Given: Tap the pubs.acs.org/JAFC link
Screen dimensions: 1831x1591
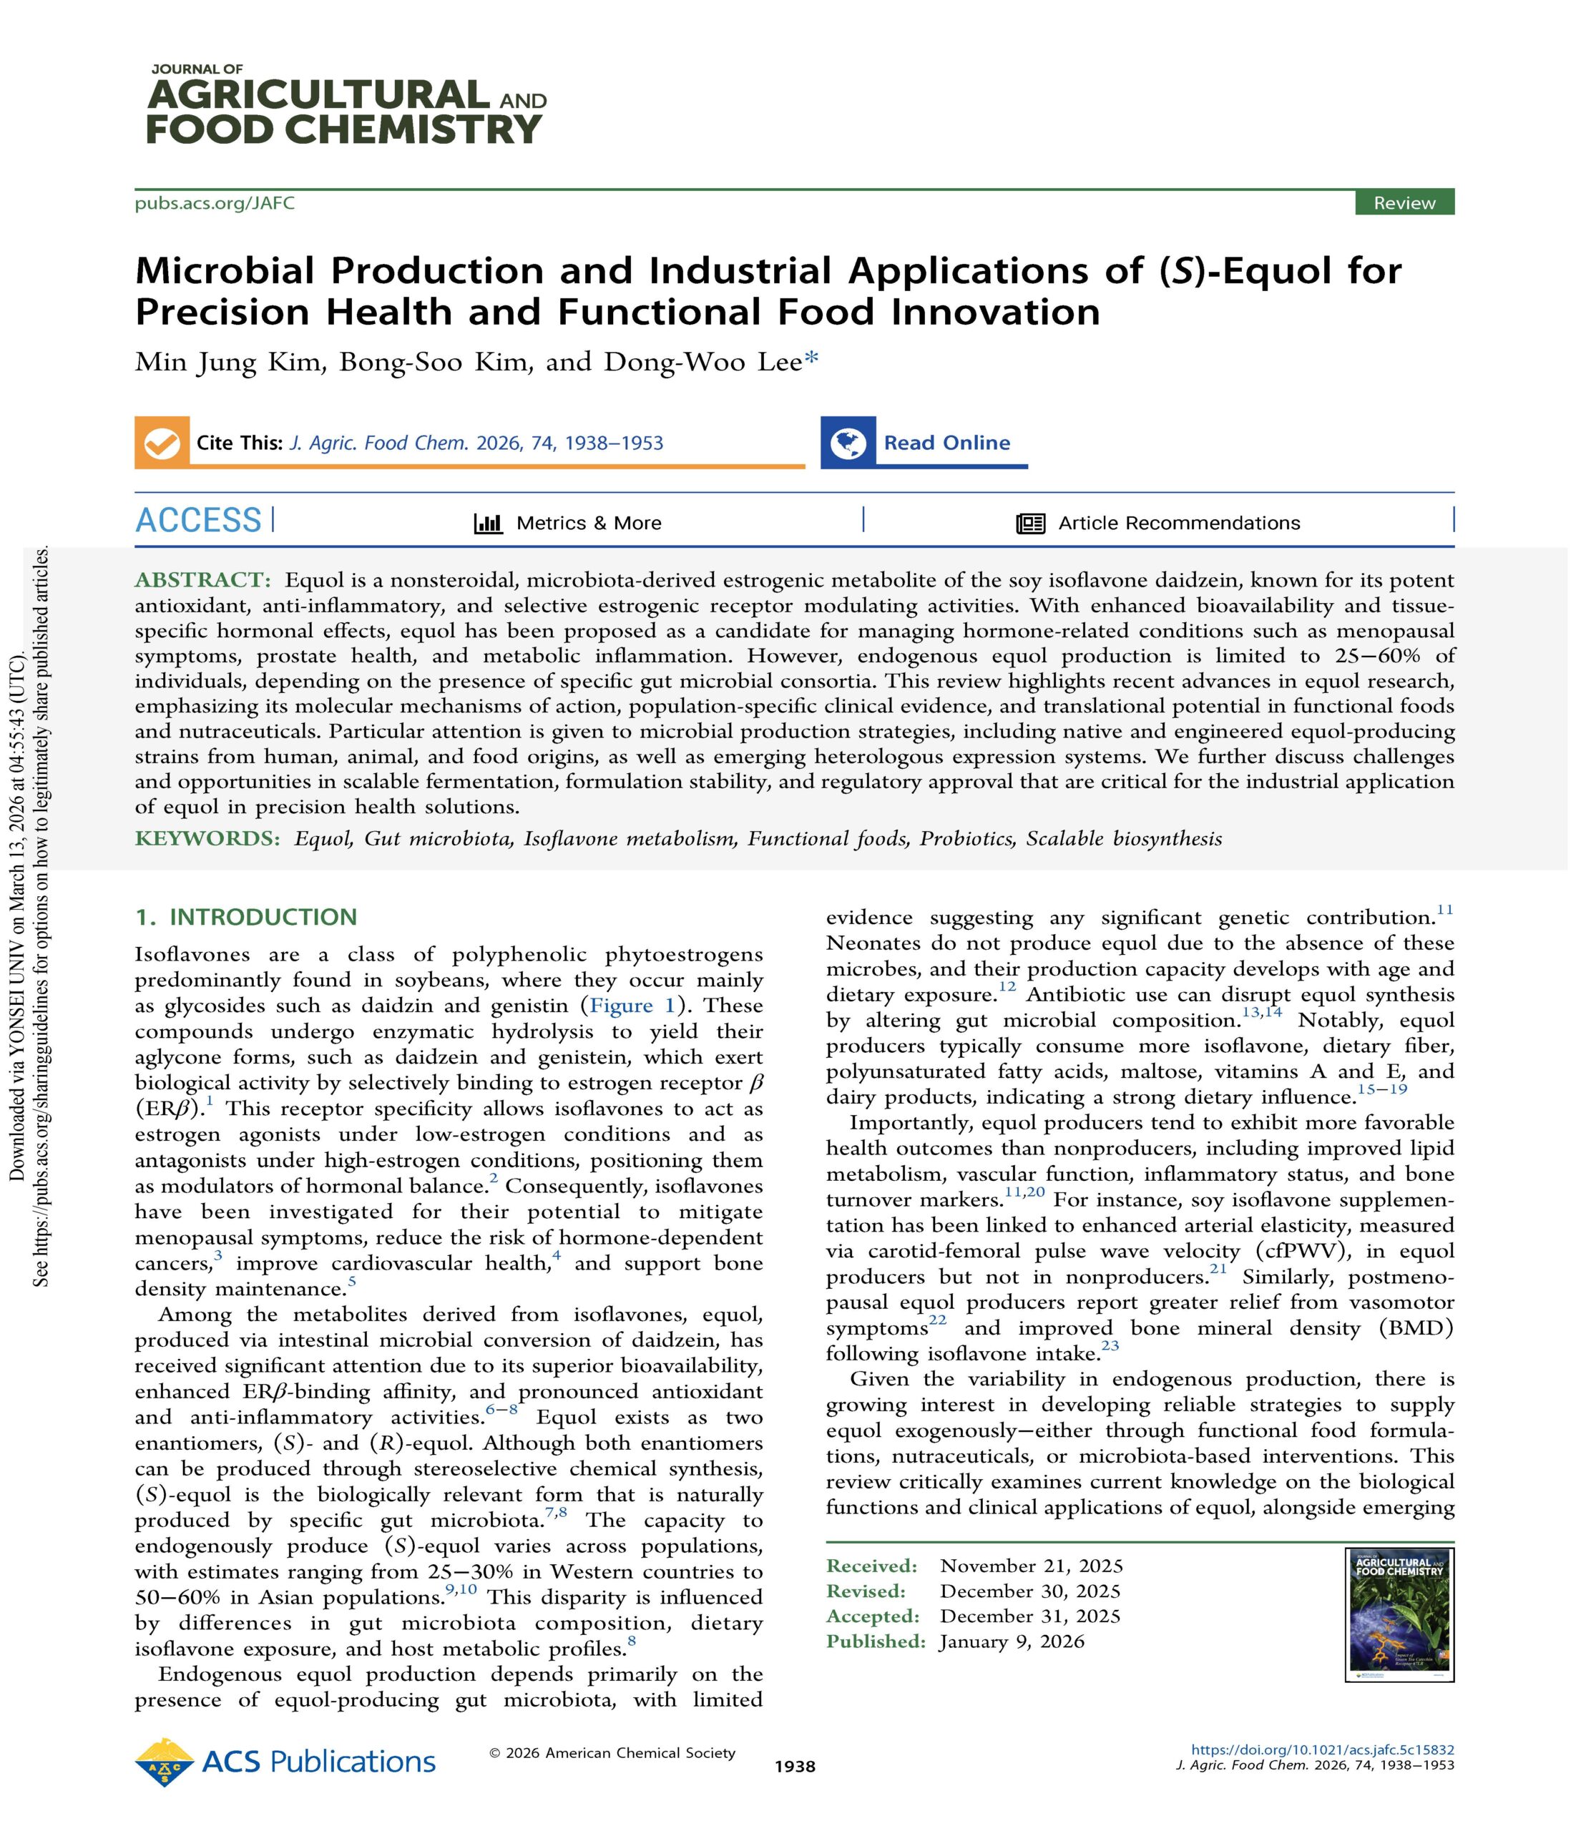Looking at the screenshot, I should [214, 203].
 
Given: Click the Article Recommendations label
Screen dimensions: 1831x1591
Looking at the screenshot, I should [1178, 523].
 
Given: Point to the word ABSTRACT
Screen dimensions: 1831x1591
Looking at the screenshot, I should [202, 581].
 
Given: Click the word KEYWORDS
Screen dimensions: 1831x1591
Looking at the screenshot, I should [207, 839].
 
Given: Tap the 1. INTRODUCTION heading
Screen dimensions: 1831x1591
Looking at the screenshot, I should [245, 917].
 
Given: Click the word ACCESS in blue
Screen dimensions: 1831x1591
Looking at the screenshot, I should [198, 520].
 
